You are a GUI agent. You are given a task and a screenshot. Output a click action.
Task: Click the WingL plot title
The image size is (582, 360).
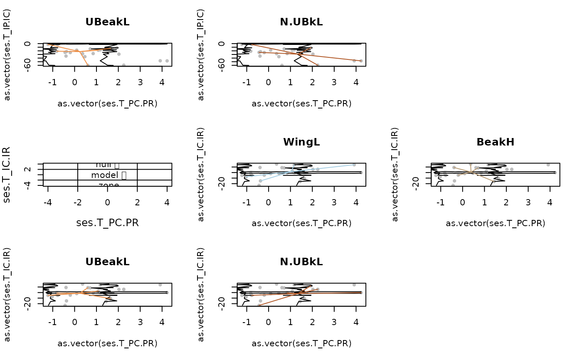[301, 142]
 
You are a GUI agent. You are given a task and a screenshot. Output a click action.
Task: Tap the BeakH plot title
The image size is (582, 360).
[495, 142]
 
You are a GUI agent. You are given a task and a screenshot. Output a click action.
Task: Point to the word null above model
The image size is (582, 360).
[105, 166]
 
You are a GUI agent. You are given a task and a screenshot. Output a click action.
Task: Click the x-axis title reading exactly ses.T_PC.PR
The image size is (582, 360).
[107, 222]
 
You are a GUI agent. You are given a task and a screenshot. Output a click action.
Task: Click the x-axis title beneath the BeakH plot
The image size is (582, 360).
[495, 223]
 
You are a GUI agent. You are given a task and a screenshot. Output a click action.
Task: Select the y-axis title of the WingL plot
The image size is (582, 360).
[201, 175]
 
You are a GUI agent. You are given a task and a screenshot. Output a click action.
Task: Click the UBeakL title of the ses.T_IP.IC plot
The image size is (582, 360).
[107, 22]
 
